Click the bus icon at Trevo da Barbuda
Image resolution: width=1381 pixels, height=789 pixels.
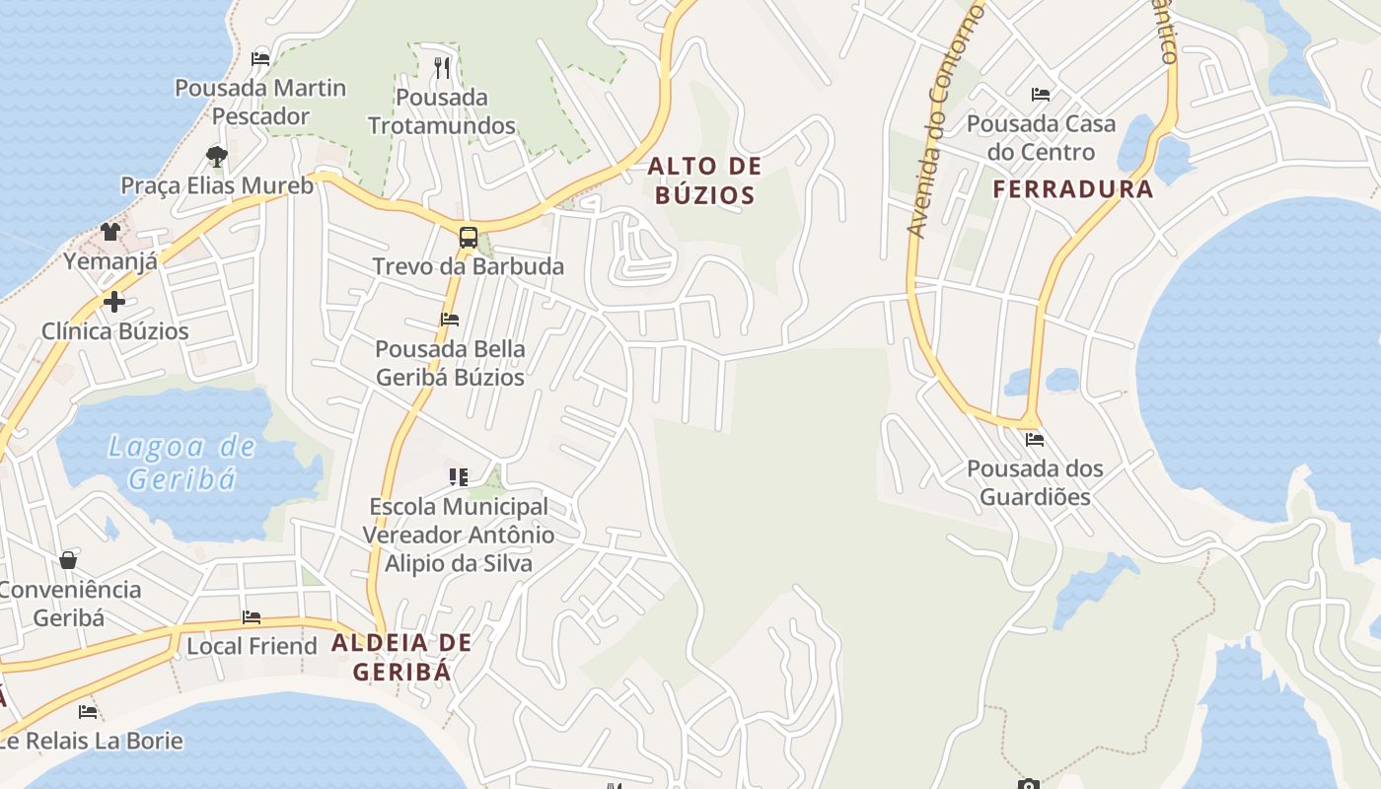[468, 238]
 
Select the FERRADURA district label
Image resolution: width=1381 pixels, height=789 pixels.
[1072, 189]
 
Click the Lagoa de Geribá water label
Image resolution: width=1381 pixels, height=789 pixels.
[182, 463]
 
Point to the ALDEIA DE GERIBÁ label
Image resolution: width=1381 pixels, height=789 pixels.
[401, 657]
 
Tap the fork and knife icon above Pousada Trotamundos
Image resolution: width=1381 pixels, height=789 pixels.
[442, 68]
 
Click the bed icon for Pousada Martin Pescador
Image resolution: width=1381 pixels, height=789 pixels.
[260, 59]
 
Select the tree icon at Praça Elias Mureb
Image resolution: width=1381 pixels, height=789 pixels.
[217, 156]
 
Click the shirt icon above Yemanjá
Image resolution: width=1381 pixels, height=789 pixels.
[109, 232]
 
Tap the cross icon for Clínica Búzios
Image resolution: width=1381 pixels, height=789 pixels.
[114, 302]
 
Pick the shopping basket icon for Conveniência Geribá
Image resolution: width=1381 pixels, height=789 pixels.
[68, 560]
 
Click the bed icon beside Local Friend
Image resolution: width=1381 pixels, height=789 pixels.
[252, 617]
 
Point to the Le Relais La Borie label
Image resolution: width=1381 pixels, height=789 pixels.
[92, 741]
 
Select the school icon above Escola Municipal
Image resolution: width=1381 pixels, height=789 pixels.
[458, 477]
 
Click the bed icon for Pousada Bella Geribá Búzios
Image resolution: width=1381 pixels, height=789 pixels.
[450, 320]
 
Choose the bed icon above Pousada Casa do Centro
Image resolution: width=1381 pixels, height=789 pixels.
[1041, 95]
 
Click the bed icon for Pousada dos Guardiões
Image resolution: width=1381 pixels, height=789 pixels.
[1034, 440]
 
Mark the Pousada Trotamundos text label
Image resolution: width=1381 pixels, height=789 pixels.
[442, 111]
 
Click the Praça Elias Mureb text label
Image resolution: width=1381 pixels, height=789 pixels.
[217, 185]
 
